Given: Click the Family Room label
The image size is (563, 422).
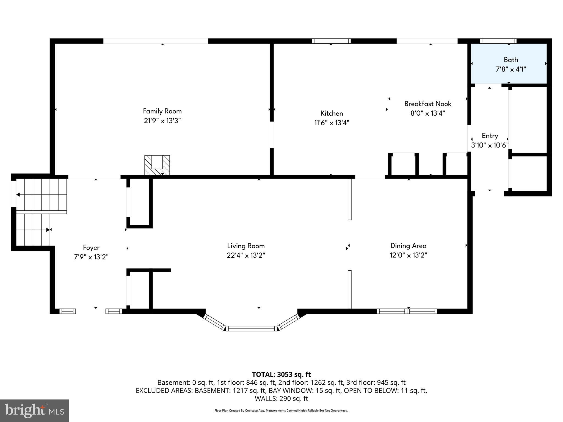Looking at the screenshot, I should pyautogui.click(x=162, y=111).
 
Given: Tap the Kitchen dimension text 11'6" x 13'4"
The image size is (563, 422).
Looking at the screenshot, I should pyautogui.click(x=332, y=123).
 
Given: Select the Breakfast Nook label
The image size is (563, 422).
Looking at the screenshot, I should pyautogui.click(x=427, y=104).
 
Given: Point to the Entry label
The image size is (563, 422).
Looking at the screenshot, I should pyautogui.click(x=490, y=136).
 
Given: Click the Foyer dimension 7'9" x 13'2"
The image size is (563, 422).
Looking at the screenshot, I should pyautogui.click(x=91, y=257).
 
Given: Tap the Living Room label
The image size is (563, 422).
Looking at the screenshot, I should pyautogui.click(x=246, y=246).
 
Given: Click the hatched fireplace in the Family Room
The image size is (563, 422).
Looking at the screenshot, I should pyautogui.click(x=157, y=165).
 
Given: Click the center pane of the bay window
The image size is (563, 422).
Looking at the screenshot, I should pyautogui.click(x=251, y=328).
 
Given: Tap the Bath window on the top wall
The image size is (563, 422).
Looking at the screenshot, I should pyautogui.click(x=498, y=41).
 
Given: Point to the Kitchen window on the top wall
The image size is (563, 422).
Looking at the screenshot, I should pyautogui.click(x=331, y=41).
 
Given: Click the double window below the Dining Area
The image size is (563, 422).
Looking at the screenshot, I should pyautogui.click(x=407, y=311).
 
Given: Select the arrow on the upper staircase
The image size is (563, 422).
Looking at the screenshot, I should pyautogui.click(x=18, y=195).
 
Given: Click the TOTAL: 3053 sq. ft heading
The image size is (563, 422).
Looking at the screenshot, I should pyautogui.click(x=281, y=374).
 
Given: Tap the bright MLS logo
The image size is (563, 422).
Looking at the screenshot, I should pyautogui.click(x=34, y=410).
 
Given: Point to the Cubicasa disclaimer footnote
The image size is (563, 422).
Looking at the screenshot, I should pyautogui.click(x=281, y=411).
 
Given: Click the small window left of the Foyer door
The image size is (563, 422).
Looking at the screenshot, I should pyautogui.click(x=68, y=311).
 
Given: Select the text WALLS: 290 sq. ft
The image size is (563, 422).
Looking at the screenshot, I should pyautogui.click(x=281, y=398).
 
